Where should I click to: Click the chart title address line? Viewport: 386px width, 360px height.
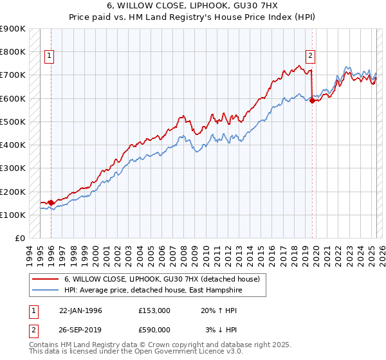tap(193, 6)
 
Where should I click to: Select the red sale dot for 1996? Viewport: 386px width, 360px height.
tap(51, 203)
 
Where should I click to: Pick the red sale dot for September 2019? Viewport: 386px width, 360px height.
tap(312, 100)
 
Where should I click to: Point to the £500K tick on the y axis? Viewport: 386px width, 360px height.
tap(14, 122)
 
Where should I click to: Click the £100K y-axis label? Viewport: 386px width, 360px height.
tap(14, 215)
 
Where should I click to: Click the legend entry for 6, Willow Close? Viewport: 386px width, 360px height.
tap(161, 280)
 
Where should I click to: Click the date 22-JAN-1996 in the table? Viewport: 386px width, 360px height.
tap(80, 310)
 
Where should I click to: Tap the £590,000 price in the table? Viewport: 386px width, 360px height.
tap(154, 329)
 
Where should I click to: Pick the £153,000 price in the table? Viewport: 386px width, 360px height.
tap(154, 310)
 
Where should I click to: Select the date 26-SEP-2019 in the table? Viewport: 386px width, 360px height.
tap(81, 329)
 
